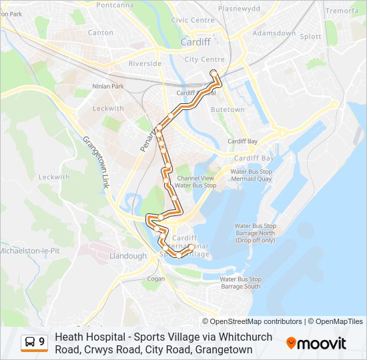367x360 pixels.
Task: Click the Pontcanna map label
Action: (115, 5)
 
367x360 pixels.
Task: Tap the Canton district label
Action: (100, 32)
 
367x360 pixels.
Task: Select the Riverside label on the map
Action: (145, 63)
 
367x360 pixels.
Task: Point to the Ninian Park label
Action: (109, 86)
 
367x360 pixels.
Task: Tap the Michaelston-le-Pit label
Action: (29, 251)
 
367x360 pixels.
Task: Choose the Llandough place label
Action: (127, 256)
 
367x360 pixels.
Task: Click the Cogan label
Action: (155, 279)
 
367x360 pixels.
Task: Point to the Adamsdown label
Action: (274, 33)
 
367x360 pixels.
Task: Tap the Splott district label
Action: (310, 37)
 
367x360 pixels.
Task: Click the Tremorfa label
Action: (341, 11)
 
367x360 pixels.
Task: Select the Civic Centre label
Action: (193, 20)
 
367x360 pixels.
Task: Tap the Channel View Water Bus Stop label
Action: (196, 181)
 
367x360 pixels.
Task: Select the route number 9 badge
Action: (34, 343)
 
